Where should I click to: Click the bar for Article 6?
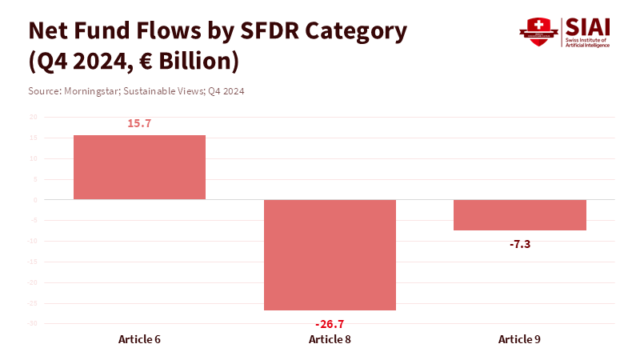click(x=139, y=167)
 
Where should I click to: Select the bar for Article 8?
click(x=330, y=254)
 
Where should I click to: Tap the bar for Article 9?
click(x=520, y=214)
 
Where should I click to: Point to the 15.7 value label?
click(x=139, y=123)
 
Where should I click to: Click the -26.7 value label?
click(x=330, y=324)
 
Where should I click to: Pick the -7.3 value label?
click(x=520, y=244)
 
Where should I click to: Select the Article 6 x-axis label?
click(x=139, y=339)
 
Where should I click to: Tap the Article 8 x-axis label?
click(x=330, y=339)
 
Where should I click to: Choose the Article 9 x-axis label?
click(x=520, y=339)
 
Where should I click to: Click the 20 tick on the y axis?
click(x=33, y=117)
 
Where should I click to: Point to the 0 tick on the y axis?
click(x=34, y=200)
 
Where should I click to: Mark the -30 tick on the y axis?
click(x=32, y=324)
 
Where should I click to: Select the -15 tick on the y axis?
click(x=32, y=262)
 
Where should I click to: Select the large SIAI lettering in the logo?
click(x=586, y=26)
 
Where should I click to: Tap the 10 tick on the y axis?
click(x=33, y=158)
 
